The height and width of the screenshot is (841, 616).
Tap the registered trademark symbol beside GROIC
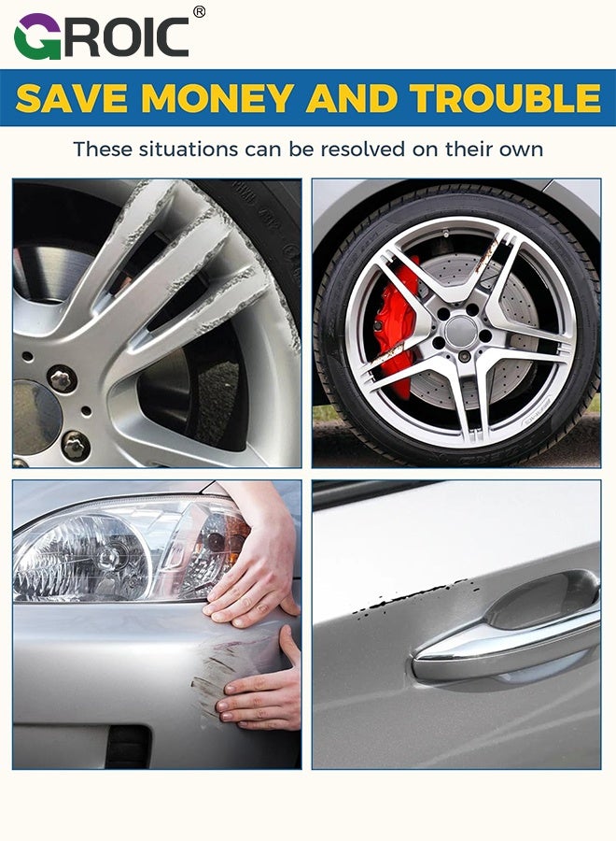[x=199, y=12]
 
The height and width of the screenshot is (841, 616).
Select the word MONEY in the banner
[x=217, y=98]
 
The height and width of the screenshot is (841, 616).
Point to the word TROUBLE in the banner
[x=506, y=98]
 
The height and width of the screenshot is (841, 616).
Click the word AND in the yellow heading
[x=352, y=98]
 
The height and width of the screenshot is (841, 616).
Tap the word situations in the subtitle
[x=188, y=150]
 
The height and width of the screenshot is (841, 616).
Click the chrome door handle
[x=507, y=636]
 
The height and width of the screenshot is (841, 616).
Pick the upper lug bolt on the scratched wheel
[x=63, y=379]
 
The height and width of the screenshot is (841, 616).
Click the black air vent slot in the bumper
[x=129, y=746]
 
